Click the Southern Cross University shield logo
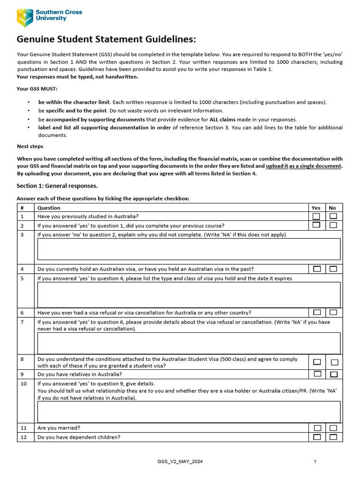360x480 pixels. point(24,17)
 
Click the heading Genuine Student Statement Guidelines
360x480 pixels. point(106,39)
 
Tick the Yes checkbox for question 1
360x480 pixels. point(316,216)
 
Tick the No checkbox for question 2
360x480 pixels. point(333,225)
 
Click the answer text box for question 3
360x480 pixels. point(188,249)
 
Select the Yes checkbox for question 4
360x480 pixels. point(317,269)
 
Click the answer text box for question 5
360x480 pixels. point(188,294)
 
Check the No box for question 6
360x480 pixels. point(333,312)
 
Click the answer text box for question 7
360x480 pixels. point(188,343)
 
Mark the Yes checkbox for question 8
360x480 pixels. point(317,362)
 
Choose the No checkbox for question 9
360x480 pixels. point(334,374)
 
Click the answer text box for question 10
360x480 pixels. point(188,412)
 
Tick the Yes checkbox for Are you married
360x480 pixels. point(317,428)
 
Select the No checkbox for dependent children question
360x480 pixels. point(333,437)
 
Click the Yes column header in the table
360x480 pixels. point(316,208)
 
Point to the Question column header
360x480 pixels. point(49,208)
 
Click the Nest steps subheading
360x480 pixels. point(30,146)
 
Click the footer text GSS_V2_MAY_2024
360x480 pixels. point(180,462)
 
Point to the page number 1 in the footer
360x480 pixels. point(315,462)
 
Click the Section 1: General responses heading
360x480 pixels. point(57,186)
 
